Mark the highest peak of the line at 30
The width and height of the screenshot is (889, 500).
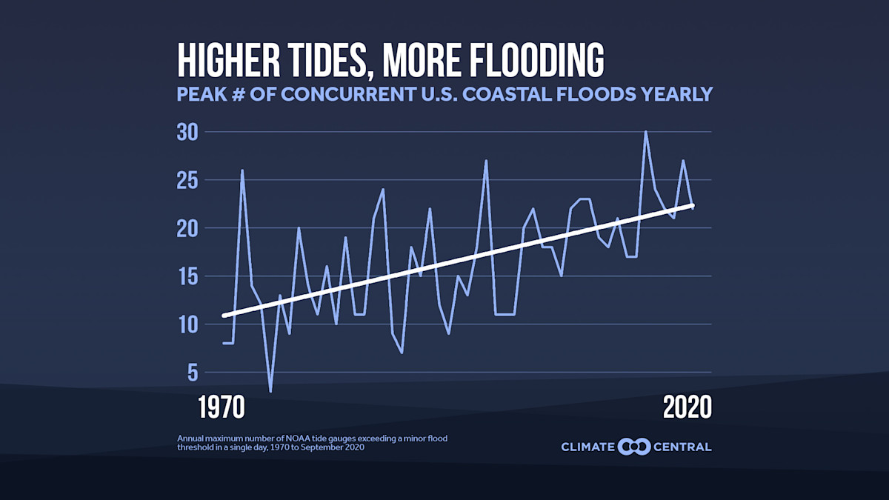(x=645, y=133)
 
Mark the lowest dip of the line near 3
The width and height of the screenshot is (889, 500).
(x=270, y=390)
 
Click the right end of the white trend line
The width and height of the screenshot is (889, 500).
(x=692, y=205)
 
